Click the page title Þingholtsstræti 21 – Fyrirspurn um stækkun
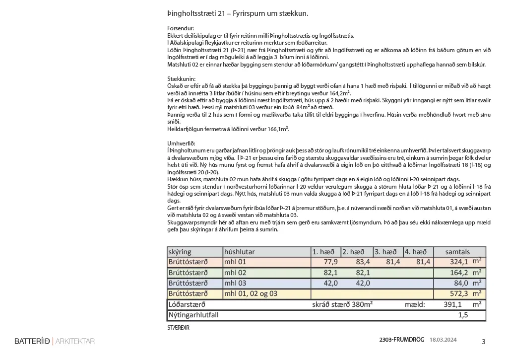(238, 13)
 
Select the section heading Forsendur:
(181, 29)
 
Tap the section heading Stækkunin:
(182, 79)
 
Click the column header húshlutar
(240, 252)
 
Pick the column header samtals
(457, 252)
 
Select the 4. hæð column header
(416, 252)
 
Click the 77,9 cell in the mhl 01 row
(330, 262)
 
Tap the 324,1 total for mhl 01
(458, 262)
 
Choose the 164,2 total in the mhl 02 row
(458, 273)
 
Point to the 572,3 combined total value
(458, 293)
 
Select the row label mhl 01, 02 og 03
(251, 293)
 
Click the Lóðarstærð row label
(187, 304)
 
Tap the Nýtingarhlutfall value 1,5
(463, 315)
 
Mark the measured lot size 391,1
(452, 304)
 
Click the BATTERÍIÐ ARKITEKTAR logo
(55, 341)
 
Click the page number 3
(484, 342)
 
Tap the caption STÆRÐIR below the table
(179, 328)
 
